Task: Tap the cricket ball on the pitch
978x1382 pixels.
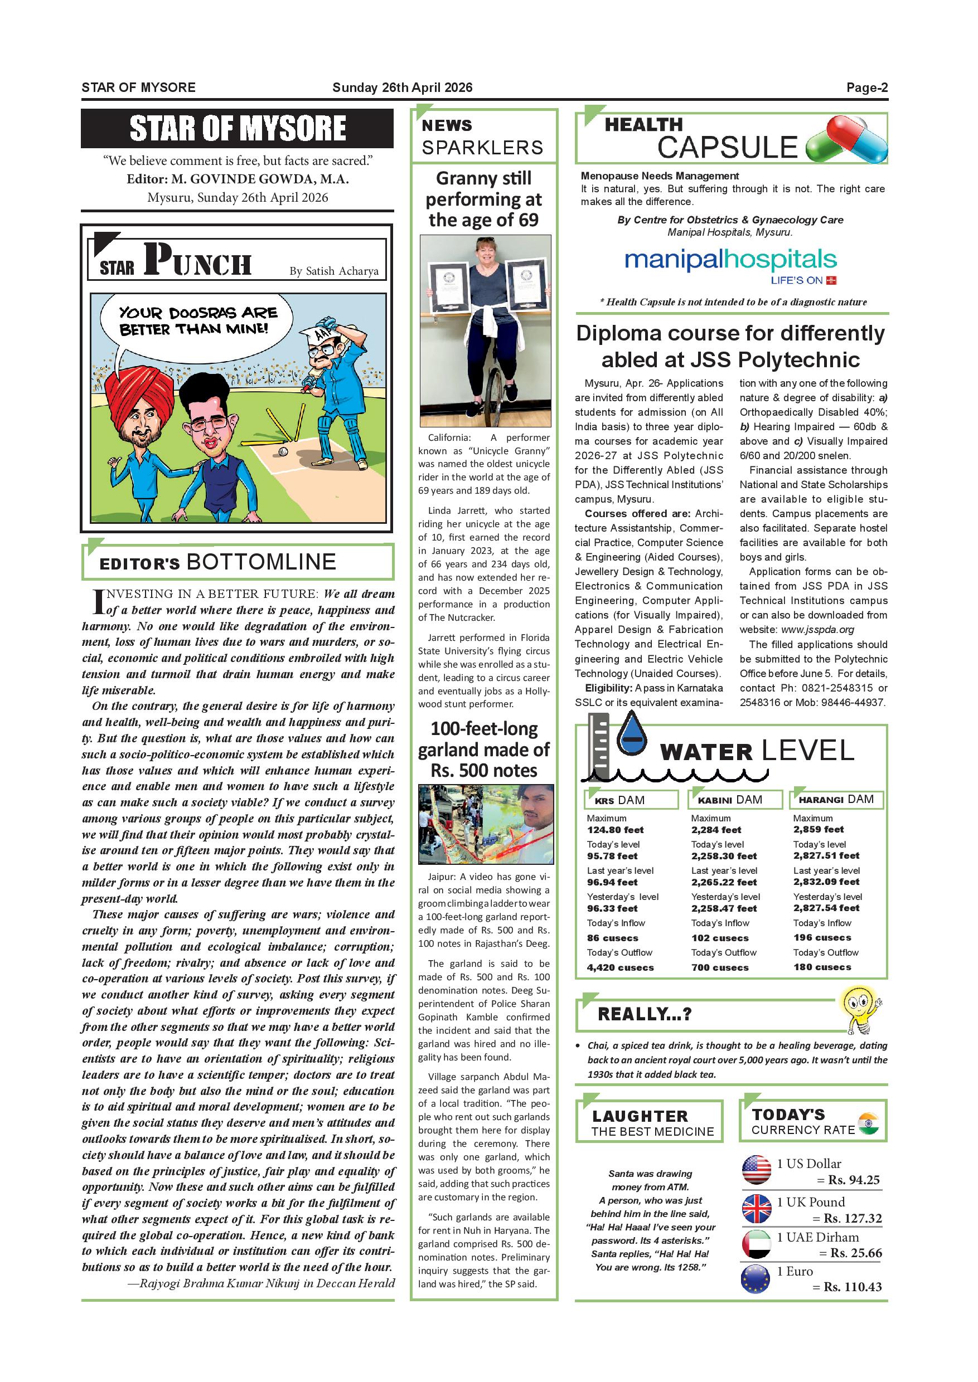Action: pyautogui.click(x=283, y=451)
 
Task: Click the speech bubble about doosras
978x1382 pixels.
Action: pyautogui.click(x=196, y=322)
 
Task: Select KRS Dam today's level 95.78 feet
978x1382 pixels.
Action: pyautogui.click(x=612, y=856)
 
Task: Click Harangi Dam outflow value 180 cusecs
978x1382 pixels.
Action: pyautogui.click(x=822, y=967)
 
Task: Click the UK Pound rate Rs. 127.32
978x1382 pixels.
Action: pyautogui.click(x=852, y=1218)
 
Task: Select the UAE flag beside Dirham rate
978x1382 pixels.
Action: pyautogui.click(x=757, y=1244)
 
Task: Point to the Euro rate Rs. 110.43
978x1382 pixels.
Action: pyautogui.click(x=852, y=1287)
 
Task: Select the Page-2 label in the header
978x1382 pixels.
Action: pyautogui.click(x=866, y=88)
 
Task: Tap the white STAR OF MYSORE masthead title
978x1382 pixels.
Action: pyautogui.click(x=238, y=128)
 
